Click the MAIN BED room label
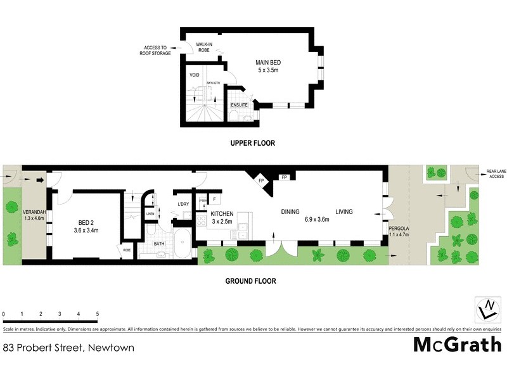268,66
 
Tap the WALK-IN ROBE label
203,47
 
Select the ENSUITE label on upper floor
239,104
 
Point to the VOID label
195,75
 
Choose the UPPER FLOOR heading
252,143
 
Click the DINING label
291,212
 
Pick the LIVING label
344,212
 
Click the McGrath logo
457,345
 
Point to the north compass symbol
487,310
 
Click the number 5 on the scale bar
98,314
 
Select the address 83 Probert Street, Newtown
68,348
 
